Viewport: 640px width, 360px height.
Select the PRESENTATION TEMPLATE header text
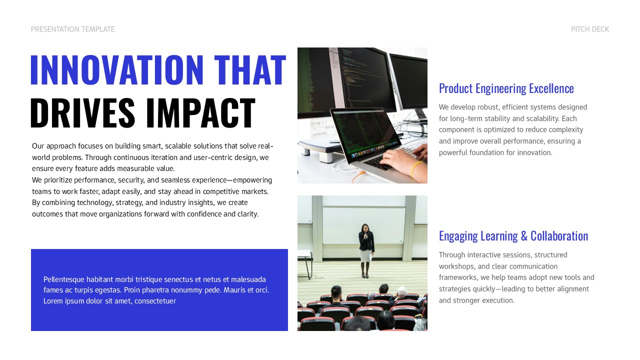click(x=73, y=29)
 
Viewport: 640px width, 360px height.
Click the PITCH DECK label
click(x=590, y=29)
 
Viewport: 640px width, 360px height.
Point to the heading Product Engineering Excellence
click(x=506, y=88)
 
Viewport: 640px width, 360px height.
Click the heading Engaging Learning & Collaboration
click(x=513, y=236)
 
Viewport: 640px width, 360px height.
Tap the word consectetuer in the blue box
click(x=155, y=301)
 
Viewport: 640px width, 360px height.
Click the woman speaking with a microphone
click(x=366, y=248)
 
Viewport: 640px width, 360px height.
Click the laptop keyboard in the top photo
click(x=380, y=160)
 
